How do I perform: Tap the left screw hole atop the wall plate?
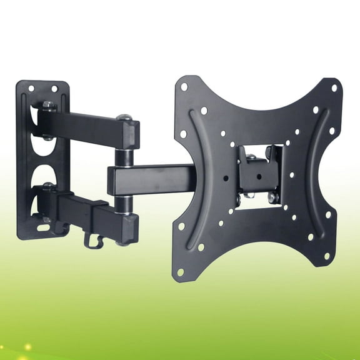point(29,88)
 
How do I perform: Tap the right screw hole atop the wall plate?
point(54,88)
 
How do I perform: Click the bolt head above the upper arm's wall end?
point(47,105)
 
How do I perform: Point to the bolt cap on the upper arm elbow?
point(124,116)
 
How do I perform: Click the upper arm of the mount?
point(87,128)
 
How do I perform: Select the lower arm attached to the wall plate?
point(81,209)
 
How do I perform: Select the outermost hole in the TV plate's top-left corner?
point(184,86)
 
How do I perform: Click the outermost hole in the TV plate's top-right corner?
point(334,88)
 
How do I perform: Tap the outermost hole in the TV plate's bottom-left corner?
point(181,272)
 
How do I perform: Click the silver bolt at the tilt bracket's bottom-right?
point(272,197)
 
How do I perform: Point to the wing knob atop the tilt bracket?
point(270,152)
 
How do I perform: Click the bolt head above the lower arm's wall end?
point(47,186)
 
